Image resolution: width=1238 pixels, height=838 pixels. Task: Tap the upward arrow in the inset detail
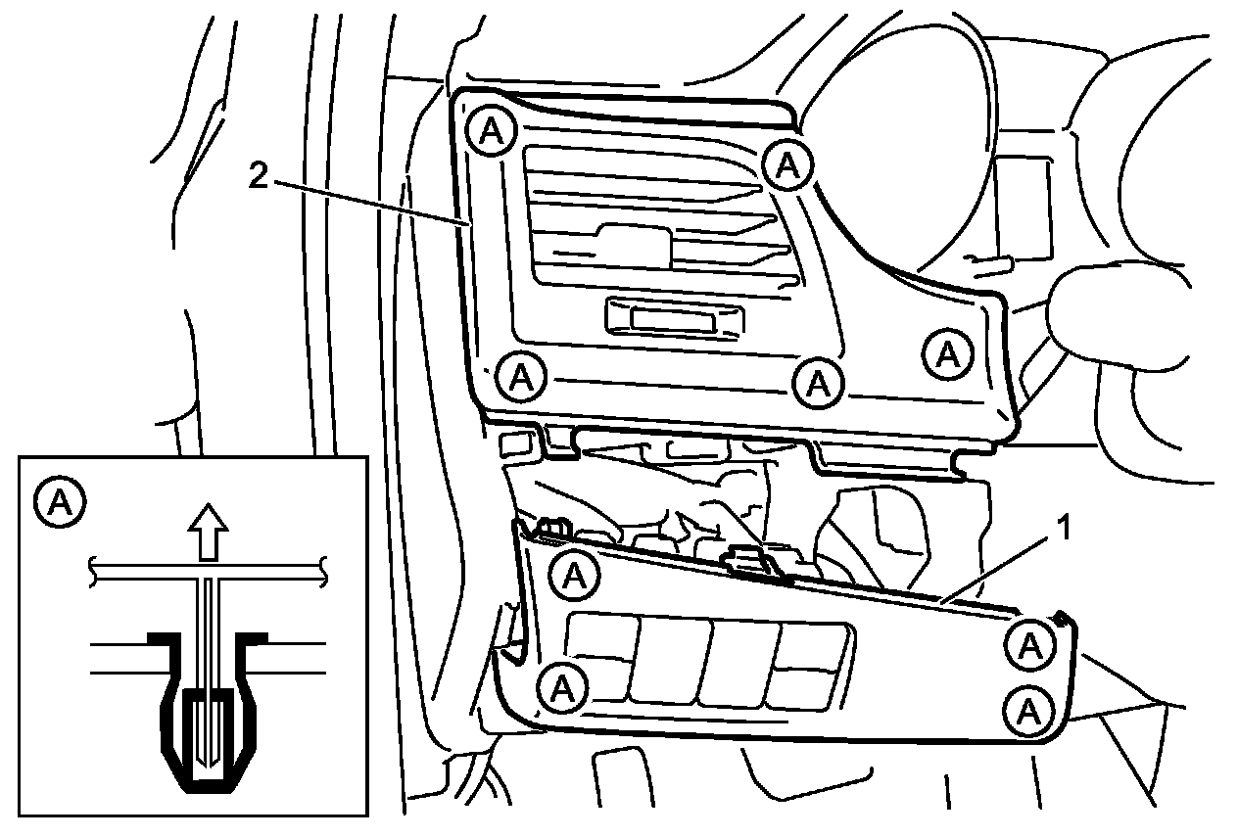(x=208, y=534)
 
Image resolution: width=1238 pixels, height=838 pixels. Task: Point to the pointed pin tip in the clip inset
(x=206, y=759)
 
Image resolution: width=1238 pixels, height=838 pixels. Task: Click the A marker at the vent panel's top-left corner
(x=489, y=129)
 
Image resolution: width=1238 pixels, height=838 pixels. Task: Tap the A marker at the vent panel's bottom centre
(x=817, y=382)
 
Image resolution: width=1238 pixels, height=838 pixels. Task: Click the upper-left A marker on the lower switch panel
(x=573, y=574)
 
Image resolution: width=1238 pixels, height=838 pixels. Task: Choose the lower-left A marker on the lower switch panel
(x=562, y=686)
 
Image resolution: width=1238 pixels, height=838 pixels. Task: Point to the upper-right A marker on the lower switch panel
(x=1030, y=643)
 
